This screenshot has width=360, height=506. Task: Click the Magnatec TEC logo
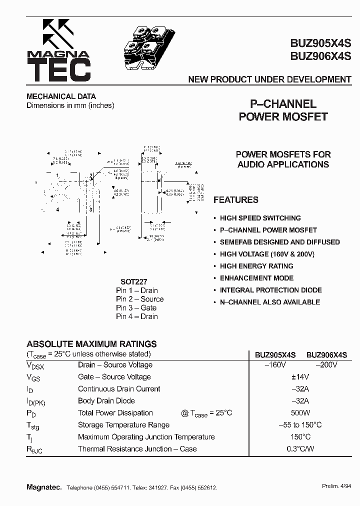click(x=59, y=51)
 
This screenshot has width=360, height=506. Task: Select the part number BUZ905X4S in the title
click(x=320, y=43)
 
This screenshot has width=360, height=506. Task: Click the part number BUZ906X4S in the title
click(x=320, y=56)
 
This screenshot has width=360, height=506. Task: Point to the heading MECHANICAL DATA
click(x=61, y=96)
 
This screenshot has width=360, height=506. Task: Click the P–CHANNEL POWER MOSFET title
click(x=283, y=110)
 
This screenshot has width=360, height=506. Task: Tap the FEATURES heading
click(x=236, y=200)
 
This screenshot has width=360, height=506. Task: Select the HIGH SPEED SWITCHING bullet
click(x=260, y=218)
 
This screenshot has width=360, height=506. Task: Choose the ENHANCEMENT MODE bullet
click(x=256, y=278)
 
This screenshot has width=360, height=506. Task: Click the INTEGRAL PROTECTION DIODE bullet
click(x=270, y=290)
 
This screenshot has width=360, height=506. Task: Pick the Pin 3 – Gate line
click(x=136, y=308)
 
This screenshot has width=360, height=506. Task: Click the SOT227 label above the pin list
click(x=134, y=282)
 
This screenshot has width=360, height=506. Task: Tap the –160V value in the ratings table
click(x=275, y=365)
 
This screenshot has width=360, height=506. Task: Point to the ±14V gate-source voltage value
click(x=300, y=377)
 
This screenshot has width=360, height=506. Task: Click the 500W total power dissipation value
click(x=300, y=413)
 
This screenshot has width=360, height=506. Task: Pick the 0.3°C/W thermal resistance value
click(x=300, y=449)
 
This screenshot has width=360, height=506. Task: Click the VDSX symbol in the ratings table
click(x=35, y=366)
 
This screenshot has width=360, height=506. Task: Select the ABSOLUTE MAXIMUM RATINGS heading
click(x=91, y=344)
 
